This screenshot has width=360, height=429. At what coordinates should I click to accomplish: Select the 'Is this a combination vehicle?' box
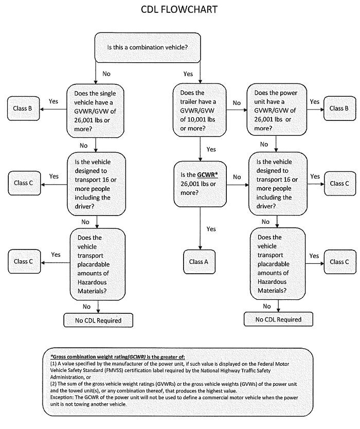pyautogui.click(x=147, y=47)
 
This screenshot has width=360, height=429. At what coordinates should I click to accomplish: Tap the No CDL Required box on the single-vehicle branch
pyautogui.click(x=97, y=320)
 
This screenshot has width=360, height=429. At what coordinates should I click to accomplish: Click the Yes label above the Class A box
pyautogui.click(x=211, y=228)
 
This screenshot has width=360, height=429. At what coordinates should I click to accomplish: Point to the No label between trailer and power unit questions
pyautogui.click(x=236, y=103)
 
